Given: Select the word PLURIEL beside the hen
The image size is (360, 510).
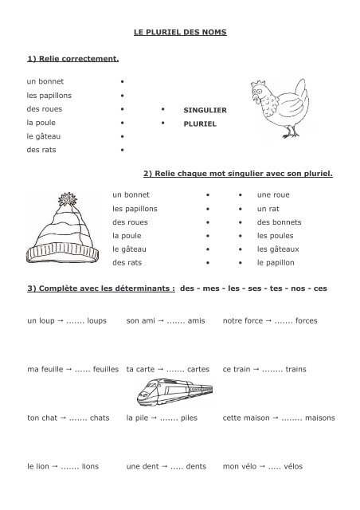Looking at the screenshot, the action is (x=200, y=126).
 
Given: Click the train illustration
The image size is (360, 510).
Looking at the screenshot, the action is (x=170, y=393).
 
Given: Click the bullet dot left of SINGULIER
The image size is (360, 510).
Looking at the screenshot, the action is (x=162, y=109).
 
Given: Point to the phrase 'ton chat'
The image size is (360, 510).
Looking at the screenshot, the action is (x=43, y=418).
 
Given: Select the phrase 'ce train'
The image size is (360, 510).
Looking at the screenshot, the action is (x=238, y=369).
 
